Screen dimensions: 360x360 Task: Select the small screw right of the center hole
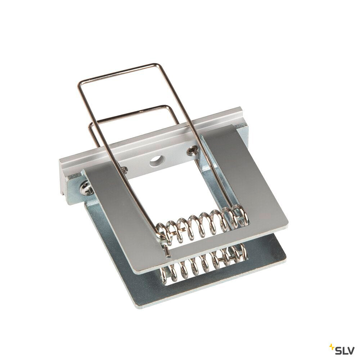pyautogui.click(x=190, y=150)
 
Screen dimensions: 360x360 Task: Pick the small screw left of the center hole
pyautogui.click(x=125, y=170)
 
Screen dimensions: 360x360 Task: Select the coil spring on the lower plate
pyautogui.click(x=202, y=262)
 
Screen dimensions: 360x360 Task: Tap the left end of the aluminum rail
pyautogui.click(x=62, y=170)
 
